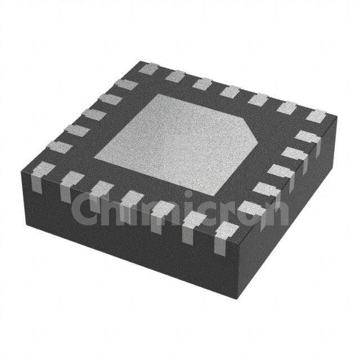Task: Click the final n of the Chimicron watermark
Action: click(x=277, y=213)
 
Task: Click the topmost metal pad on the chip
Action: click(x=149, y=69)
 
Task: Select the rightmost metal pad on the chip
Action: click(x=316, y=116)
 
